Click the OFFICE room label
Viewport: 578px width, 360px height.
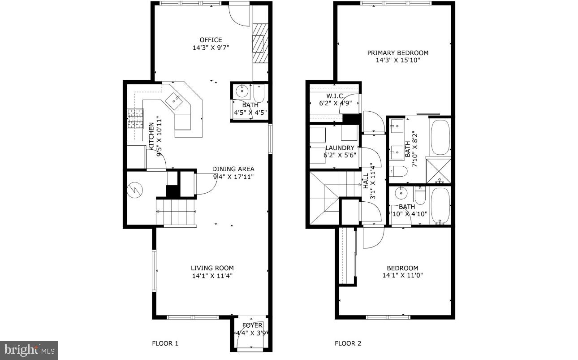click(x=211, y=40)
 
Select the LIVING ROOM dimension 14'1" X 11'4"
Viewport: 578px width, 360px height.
click(x=212, y=276)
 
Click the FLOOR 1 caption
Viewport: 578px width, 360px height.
click(x=165, y=344)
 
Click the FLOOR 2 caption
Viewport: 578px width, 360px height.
click(x=348, y=344)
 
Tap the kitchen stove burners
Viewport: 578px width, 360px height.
click(x=135, y=119)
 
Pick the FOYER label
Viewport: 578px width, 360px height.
click(x=252, y=325)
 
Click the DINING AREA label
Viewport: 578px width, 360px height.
click(x=233, y=169)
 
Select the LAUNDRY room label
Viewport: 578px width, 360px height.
click(x=340, y=148)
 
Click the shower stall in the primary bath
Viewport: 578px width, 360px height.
click(x=439, y=171)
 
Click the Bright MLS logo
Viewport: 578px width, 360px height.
click(x=29, y=350)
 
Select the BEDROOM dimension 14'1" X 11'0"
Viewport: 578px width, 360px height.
click(x=402, y=275)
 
